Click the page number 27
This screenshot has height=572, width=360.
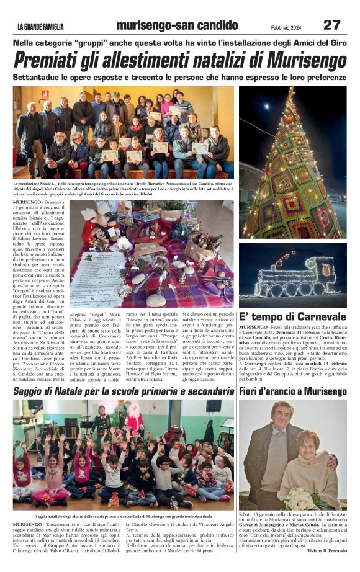coord(331,25)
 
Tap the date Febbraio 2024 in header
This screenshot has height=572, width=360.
coord(289,27)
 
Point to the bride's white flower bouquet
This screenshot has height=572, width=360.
coord(299,497)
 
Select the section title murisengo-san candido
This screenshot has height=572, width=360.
coord(177,25)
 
